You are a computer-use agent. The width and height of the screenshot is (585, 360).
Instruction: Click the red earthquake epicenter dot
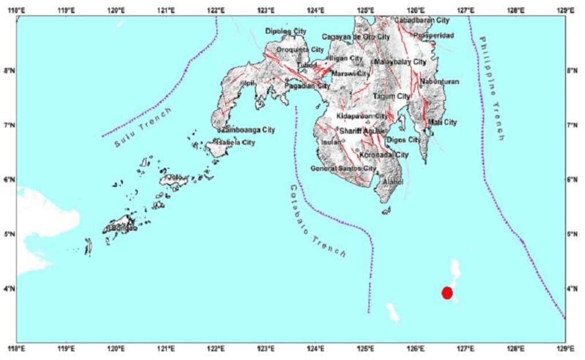(x=447, y=293)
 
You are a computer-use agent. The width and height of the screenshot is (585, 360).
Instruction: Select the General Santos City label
(x=343, y=169)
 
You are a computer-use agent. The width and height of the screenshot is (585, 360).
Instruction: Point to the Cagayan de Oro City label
(x=355, y=37)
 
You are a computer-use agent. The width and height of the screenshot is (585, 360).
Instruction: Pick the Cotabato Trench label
(x=317, y=220)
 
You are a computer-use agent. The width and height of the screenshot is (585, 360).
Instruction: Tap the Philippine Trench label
(x=492, y=88)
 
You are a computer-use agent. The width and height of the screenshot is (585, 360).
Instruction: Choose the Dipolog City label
(x=286, y=31)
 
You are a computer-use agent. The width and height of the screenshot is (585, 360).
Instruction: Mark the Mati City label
(x=443, y=122)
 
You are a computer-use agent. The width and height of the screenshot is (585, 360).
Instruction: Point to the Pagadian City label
(x=307, y=86)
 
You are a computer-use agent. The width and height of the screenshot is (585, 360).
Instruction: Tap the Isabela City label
(x=236, y=142)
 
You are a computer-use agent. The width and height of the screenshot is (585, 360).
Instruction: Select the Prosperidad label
(x=434, y=35)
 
